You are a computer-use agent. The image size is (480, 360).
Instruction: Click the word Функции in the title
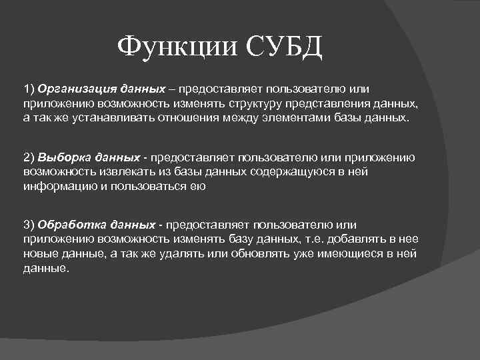177,47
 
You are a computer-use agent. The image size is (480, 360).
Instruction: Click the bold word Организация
78,89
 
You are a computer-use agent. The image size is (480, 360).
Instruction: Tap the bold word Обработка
70,225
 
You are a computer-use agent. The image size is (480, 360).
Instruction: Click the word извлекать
117,172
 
